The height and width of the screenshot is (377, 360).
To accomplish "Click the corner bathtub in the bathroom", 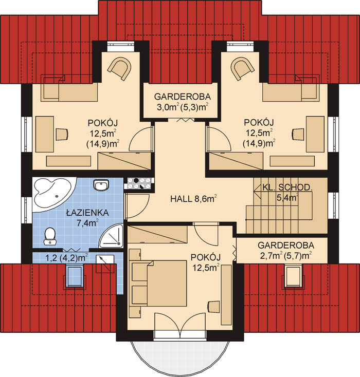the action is tap(52, 195).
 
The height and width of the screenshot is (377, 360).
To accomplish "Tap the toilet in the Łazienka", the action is tap(50, 236).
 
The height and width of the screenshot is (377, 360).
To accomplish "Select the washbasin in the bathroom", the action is tap(101, 185).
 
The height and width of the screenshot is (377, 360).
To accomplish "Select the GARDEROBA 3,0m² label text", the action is tap(182, 102).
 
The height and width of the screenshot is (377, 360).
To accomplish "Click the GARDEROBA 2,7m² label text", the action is tap(286, 250).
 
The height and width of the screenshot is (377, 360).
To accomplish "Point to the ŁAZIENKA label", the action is tap(87, 213).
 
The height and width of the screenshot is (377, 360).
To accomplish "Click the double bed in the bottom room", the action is tap(159, 283).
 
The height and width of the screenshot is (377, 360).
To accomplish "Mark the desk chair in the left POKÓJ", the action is tap(62, 134).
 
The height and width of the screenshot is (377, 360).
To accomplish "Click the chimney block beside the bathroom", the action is tap(138, 183).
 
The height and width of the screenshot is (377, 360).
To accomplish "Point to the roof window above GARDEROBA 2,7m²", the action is tap(293, 275).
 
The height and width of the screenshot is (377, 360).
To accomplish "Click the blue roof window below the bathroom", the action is tap(75, 276).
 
